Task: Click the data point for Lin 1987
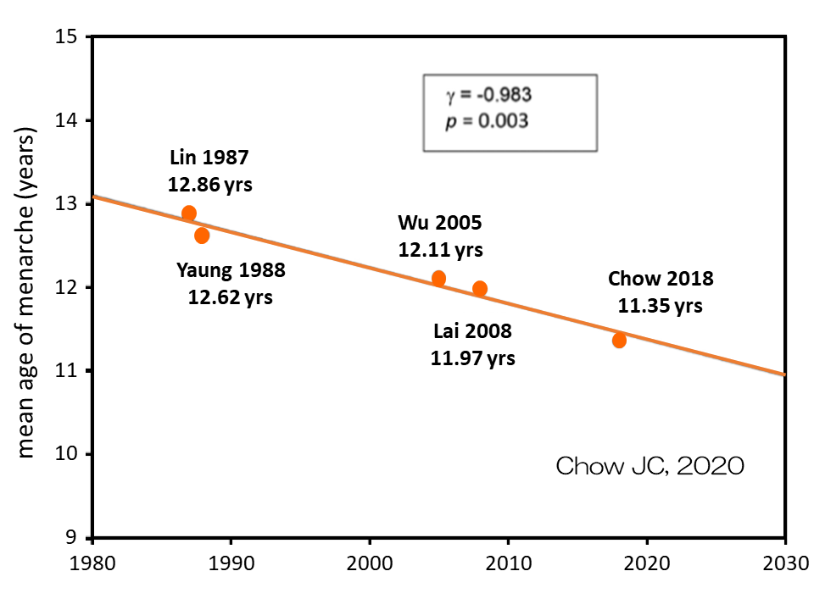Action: coord(189,213)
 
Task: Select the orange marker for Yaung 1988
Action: coord(202,236)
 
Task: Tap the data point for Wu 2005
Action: coord(438,278)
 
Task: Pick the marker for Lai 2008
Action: coord(480,289)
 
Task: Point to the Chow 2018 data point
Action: coord(619,340)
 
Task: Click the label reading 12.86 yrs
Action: coord(210,184)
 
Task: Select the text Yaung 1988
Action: coord(231,271)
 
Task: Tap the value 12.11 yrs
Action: coord(440,250)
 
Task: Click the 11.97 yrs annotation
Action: coord(472,358)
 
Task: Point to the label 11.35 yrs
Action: coord(660,306)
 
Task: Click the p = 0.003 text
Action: coord(488,120)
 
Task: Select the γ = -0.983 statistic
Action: coord(489,93)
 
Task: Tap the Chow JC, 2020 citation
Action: coord(650,465)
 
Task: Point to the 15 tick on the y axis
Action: coord(67,38)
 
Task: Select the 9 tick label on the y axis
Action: coord(71,537)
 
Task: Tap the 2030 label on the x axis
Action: coord(785,562)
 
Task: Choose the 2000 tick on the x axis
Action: coord(369,562)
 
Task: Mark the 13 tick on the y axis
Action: coord(67,204)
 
